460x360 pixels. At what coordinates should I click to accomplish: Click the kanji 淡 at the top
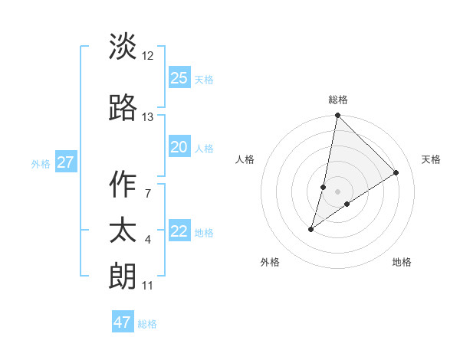point(123,47)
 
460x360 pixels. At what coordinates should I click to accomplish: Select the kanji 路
point(123,108)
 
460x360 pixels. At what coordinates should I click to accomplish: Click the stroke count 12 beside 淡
point(148,56)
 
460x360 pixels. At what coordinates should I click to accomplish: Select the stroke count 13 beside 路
point(148,117)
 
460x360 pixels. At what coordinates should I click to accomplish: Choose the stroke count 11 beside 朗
point(148,286)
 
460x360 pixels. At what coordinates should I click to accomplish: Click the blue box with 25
point(179,77)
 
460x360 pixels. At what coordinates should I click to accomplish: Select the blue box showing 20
point(179,147)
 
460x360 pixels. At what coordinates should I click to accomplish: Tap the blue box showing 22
point(179,231)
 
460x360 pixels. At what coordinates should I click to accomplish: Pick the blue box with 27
point(65,162)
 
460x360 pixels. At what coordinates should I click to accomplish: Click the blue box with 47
point(123,322)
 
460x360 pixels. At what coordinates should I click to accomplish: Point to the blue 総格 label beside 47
point(148,324)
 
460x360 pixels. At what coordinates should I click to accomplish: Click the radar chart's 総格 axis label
point(338,100)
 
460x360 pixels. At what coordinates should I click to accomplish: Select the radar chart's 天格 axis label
point(431,159)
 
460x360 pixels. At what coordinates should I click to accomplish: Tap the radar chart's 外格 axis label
point(270,262)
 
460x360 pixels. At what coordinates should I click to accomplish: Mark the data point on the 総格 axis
point(337,116)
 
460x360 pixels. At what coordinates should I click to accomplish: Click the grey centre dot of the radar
point(337,191)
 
